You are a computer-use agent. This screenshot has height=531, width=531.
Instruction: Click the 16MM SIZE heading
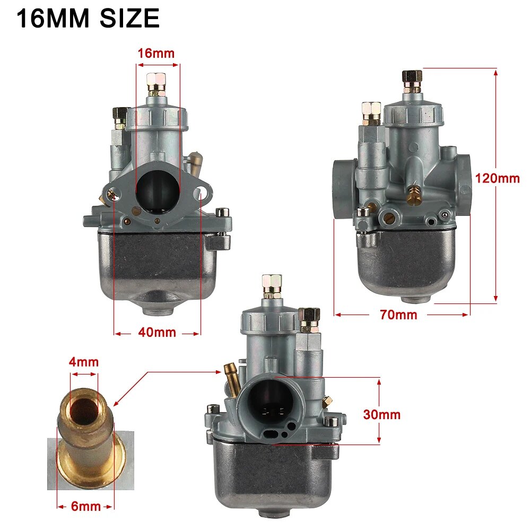coord(88,20)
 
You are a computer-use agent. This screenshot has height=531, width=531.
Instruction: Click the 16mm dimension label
coord(156,54)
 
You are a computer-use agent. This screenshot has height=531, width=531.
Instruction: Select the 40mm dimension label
coord(157,333)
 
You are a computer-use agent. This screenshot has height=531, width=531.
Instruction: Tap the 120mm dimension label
coord(497,178)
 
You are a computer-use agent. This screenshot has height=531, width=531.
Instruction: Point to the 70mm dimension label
coord(398,315)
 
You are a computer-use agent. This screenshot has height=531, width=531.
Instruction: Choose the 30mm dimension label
coord(382,414)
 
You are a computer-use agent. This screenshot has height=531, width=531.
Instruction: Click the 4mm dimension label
coord(83,362)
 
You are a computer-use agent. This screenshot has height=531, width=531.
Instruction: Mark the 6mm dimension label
coord(85,506)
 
